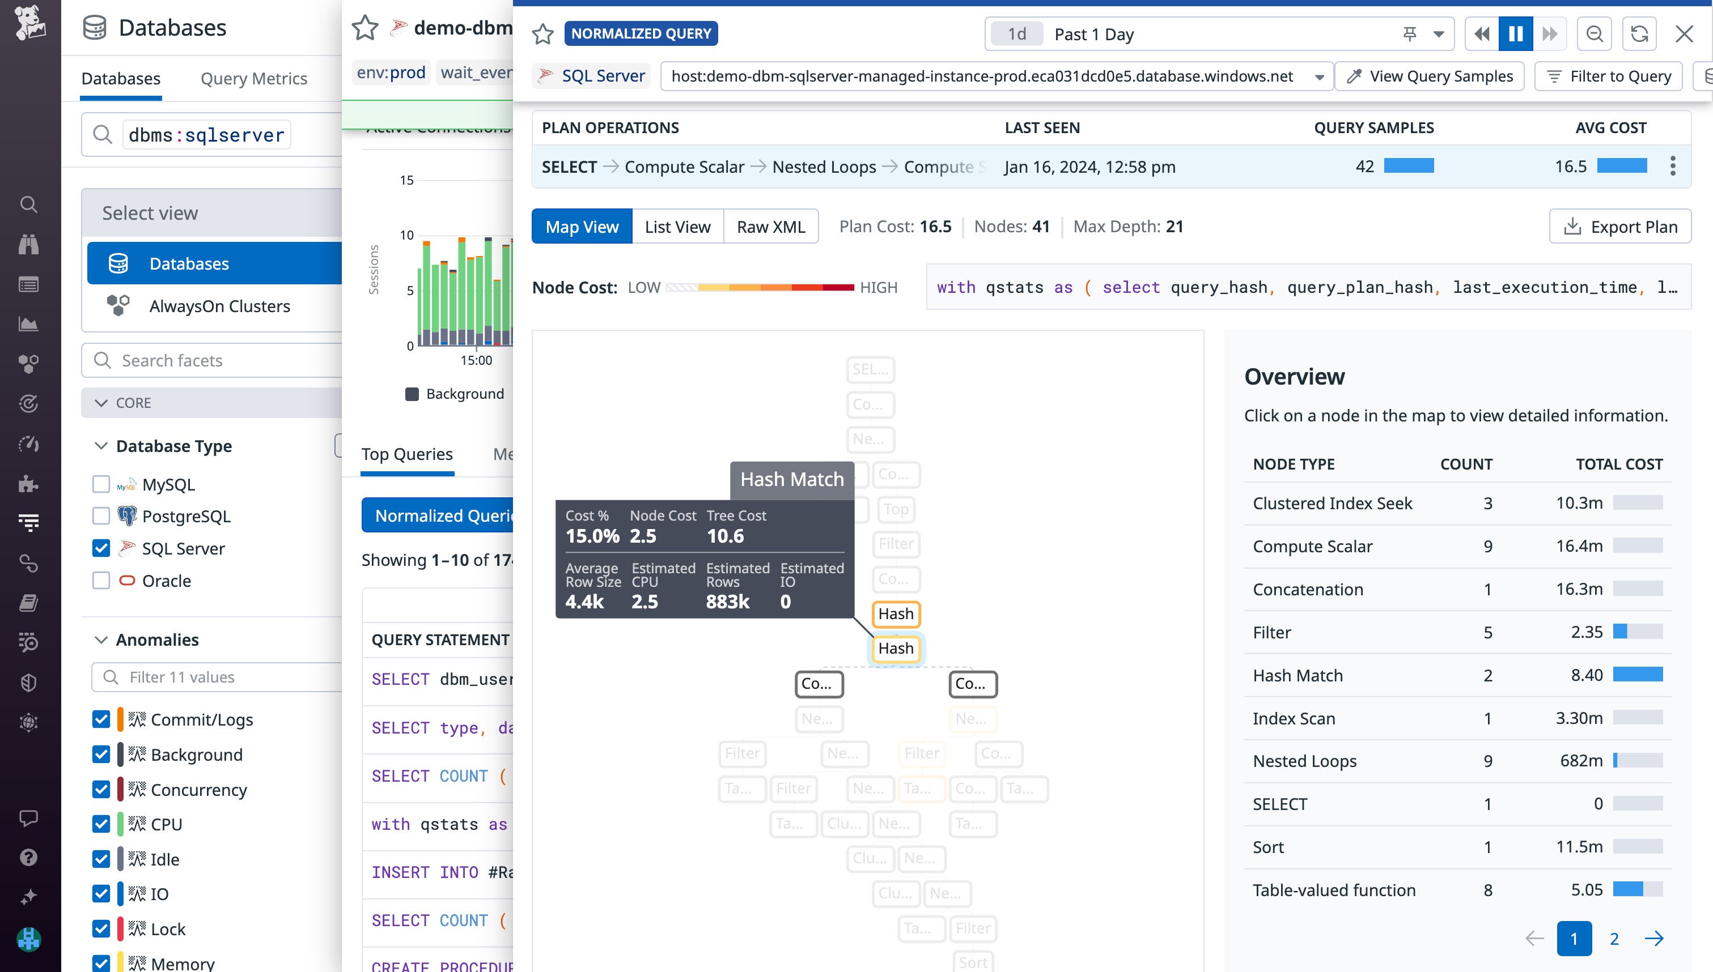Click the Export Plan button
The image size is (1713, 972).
tap(1619, 227)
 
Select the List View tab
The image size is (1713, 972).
tap(677, 227)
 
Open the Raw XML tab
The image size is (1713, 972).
tap(771, 227)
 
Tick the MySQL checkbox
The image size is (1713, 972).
tap(101, 485)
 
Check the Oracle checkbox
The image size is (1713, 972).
tap(101, 581)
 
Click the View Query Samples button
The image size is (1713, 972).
tap(1429, 76)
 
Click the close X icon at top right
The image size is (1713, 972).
tap(1684, 34)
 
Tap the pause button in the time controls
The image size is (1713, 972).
tap(1515, 34)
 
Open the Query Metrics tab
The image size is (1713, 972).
tap(254, 79)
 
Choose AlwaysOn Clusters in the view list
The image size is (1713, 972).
tap(219, 306)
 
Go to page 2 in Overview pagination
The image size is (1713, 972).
tap(1614, 939)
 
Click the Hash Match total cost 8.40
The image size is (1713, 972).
tap(1586, 675)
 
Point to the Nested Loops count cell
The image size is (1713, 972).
tap(1487, 761)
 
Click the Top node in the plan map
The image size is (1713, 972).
tap(896, 509)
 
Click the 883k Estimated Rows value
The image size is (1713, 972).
tap(727, 602)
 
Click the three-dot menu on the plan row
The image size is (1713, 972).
tap(1672, 166)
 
